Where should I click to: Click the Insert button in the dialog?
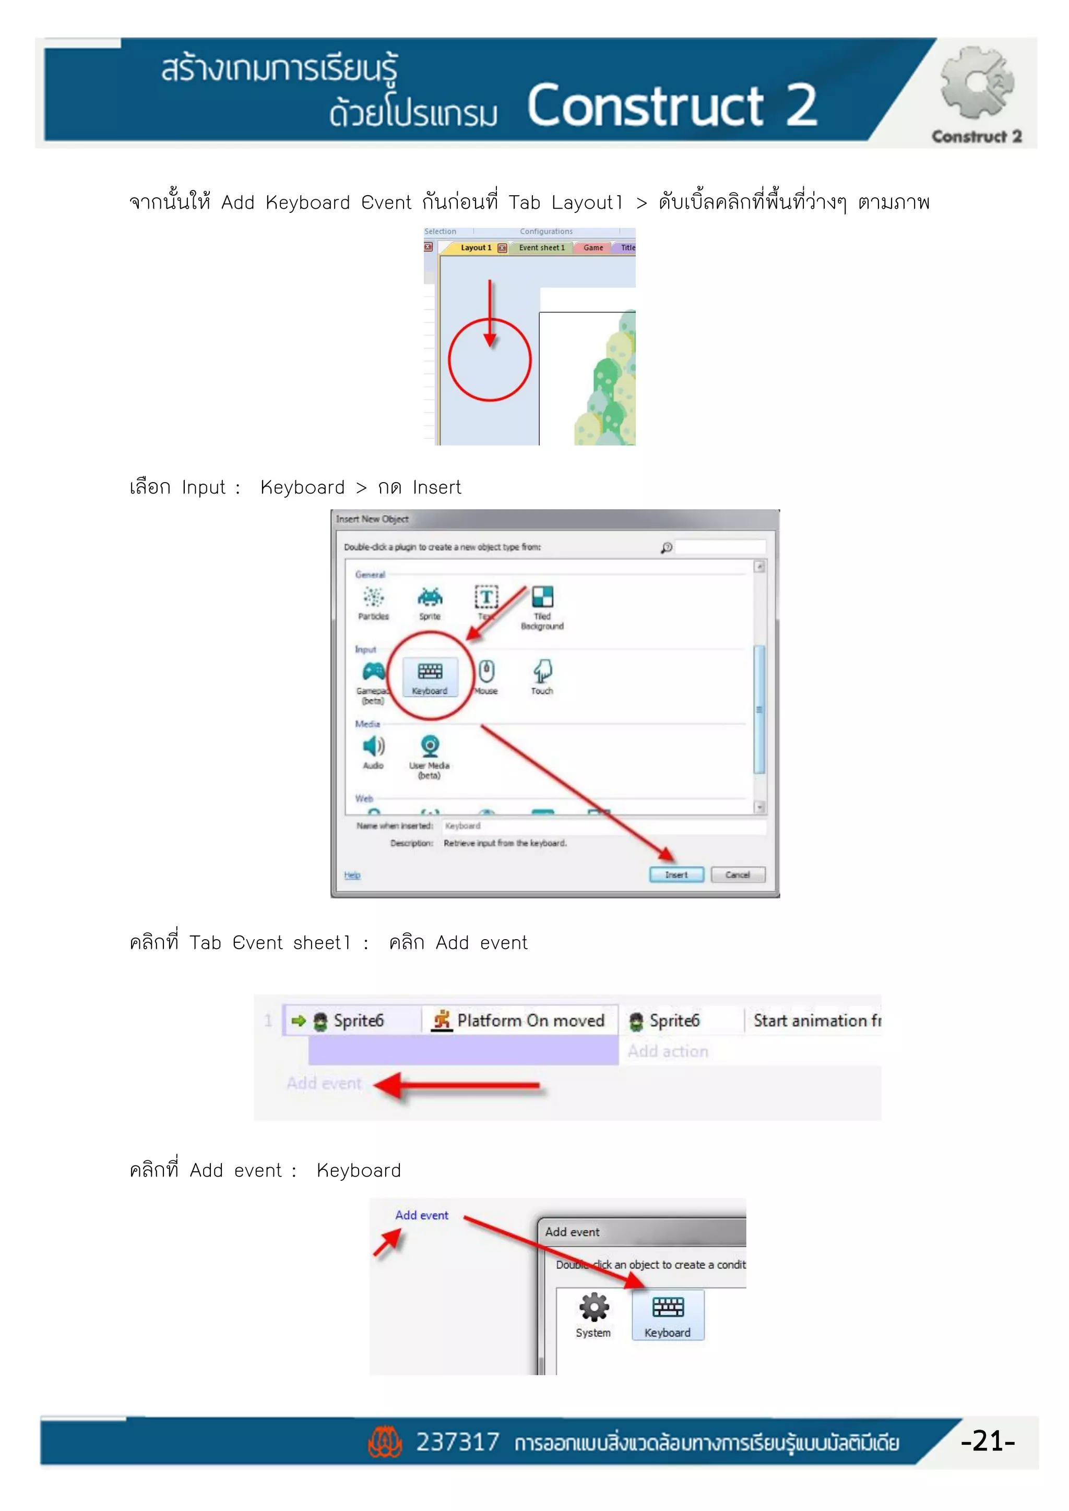pos(676,874)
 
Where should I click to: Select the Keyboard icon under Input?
pos(430,672)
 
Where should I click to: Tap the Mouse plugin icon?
pos(486,672)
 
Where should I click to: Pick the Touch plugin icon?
pos(542,672)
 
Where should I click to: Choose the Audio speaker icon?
pos(373,746)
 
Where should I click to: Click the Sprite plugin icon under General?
pos(430,597)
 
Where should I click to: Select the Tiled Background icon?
pos(542,597)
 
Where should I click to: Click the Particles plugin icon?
pos(373,597)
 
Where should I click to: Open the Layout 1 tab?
pos(476,248)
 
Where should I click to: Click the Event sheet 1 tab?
pos(541,248)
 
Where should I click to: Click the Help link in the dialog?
pos(352,876)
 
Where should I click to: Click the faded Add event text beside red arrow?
pos(324,1083)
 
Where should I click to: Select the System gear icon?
pos(593,1308)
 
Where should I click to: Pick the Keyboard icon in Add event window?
pos(668,1308)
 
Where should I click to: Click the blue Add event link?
pos(421,1216)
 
